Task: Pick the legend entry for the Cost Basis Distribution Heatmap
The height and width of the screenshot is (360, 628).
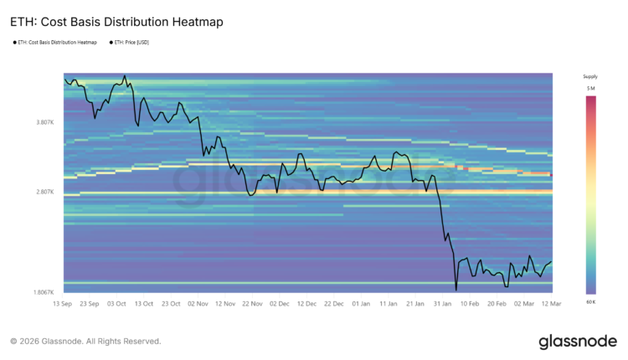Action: coord(58,42)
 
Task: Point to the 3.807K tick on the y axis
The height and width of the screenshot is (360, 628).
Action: coord(45,122)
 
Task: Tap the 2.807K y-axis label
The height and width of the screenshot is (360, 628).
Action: coord(45,192)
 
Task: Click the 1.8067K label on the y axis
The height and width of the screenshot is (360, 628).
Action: coord(44,292)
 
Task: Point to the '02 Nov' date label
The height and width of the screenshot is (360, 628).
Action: coord(198,303)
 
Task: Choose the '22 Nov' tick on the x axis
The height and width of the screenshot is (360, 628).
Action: coord(252,303)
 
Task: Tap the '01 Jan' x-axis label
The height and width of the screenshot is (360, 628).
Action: coord(362,303)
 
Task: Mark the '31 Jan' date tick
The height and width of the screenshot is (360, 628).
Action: coord(443,303)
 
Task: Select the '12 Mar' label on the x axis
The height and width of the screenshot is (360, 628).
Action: coord(551,303)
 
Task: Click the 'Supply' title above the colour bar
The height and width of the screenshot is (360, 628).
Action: coord(590,76)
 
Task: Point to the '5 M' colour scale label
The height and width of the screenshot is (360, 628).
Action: coord(590,88)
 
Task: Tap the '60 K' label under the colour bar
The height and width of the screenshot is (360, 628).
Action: coord(590,301)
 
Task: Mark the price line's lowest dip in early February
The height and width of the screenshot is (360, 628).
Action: coord(456,290)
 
